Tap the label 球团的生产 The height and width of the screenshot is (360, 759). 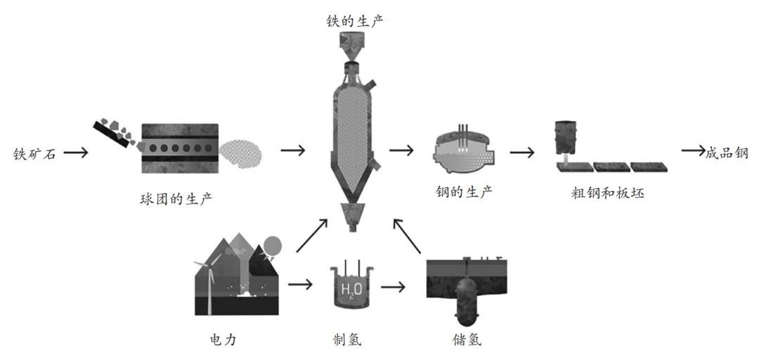coord(176,199)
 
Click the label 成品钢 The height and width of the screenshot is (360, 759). coord(727,153)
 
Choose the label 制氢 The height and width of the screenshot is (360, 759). coord(347,340)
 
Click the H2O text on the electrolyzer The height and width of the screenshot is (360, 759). coord(351,289)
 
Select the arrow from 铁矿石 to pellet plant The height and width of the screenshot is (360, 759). coord(76,153)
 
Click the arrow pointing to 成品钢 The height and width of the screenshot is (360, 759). coord(692,150)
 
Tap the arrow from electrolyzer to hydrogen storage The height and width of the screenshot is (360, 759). coord(394,287)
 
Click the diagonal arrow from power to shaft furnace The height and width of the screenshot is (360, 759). coord(312,236)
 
